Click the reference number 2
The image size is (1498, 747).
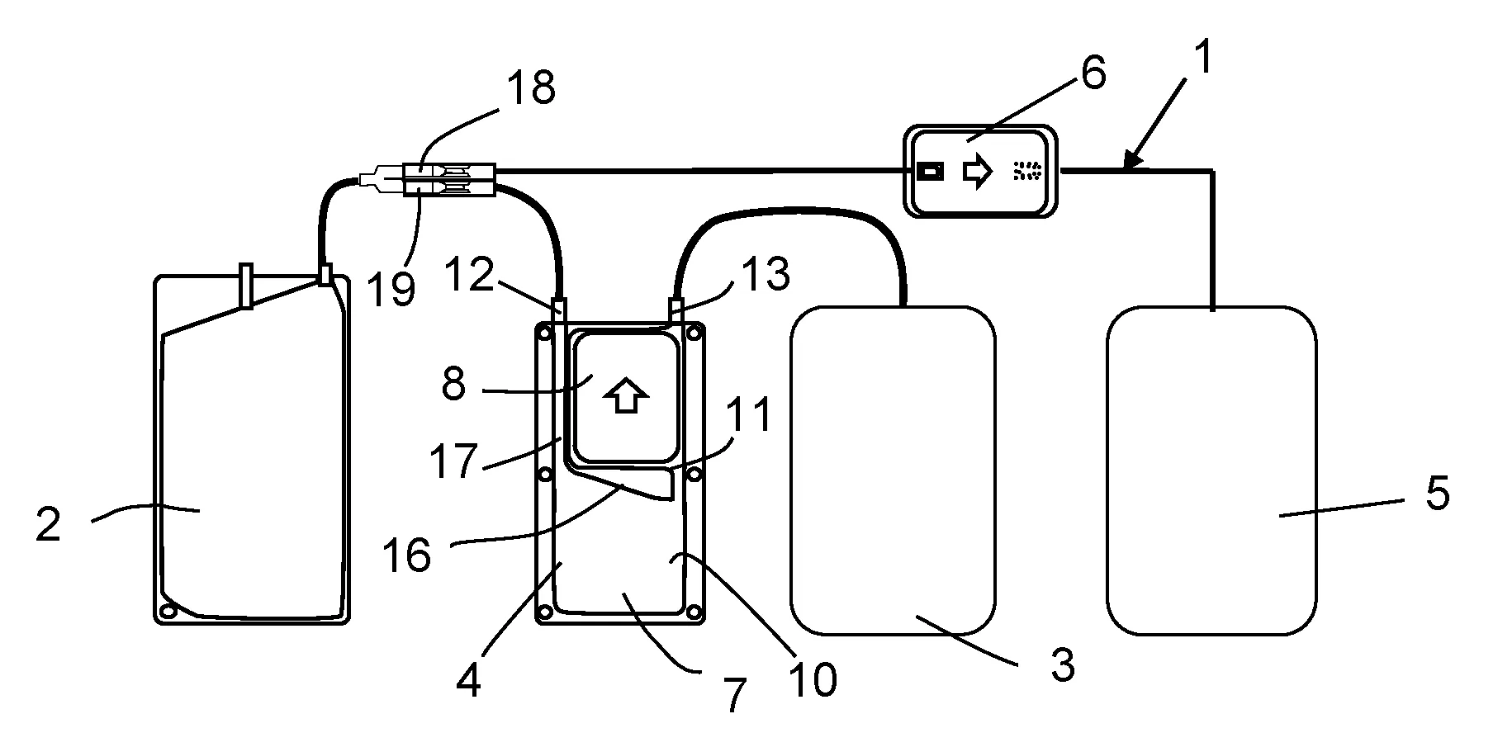pyautogui.click(x=49, y=525)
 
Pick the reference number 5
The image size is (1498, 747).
pyautogui.click(x=1437, y=495)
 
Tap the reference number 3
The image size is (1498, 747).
pyautogui.click(x=1063, y=664)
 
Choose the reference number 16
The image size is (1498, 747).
pyautogui.click(x=407, y=556)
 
